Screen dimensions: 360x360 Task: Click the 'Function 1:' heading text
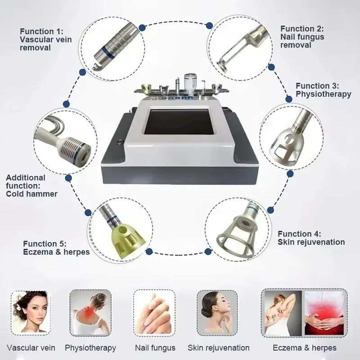point(41,31)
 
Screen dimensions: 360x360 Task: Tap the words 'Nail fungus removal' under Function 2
point(302,41)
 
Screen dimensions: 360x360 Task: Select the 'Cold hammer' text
point(32,194)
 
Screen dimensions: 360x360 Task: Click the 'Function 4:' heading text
point(299,234)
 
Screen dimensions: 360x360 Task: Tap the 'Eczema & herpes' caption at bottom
point(305,348)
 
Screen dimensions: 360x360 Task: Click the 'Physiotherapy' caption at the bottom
point(90,348)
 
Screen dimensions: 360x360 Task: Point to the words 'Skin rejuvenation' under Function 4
point(311,242)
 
